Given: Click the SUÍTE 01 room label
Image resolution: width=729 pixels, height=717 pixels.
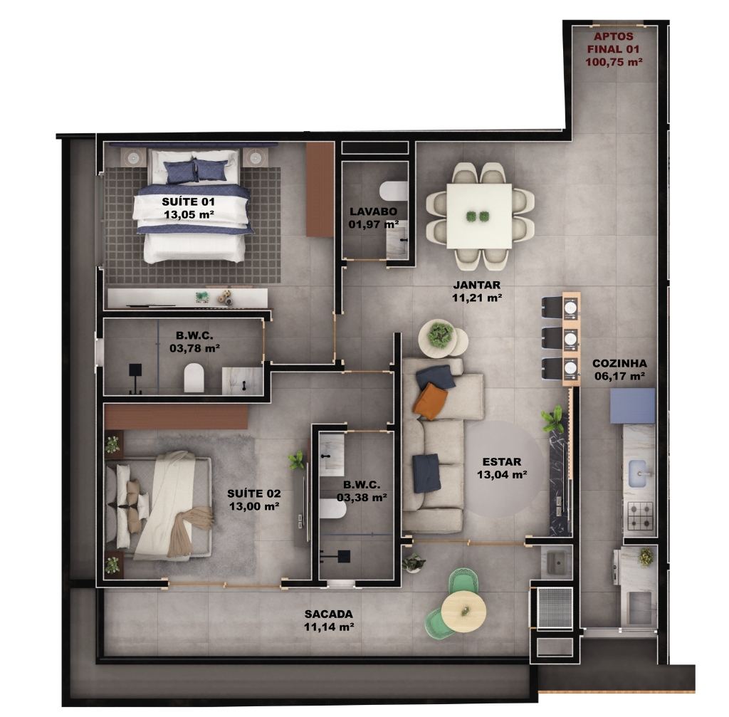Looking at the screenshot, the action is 188,202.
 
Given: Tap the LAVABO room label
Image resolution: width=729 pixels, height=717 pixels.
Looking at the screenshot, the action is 373,211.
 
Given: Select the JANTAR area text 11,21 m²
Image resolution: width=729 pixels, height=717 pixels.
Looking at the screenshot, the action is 477,298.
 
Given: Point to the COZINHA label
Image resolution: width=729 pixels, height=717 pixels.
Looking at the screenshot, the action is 620,363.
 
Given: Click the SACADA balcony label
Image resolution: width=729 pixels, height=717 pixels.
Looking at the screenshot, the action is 329,614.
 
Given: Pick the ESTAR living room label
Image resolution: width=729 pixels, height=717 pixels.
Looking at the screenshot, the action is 502,461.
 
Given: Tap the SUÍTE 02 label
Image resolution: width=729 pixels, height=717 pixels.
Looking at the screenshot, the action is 254,493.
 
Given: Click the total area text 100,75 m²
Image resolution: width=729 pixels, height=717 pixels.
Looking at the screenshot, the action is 614,61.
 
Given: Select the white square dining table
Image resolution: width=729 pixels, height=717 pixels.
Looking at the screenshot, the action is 479,216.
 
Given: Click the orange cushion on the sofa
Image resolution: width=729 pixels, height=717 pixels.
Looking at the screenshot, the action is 430,401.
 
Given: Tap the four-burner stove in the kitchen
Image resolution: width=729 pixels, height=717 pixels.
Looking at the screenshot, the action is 640,516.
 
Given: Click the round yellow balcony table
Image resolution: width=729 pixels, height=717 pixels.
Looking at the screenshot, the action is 464,610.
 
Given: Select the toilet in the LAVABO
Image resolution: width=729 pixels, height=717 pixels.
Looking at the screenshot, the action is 393,190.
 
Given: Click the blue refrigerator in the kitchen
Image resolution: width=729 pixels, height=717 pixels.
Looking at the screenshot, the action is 632,406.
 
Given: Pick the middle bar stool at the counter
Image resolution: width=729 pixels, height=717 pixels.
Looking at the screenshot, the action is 554,339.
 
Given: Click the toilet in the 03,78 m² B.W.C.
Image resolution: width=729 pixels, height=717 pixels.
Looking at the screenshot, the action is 194,378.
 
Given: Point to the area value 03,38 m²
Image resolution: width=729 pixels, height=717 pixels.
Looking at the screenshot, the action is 362,497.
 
